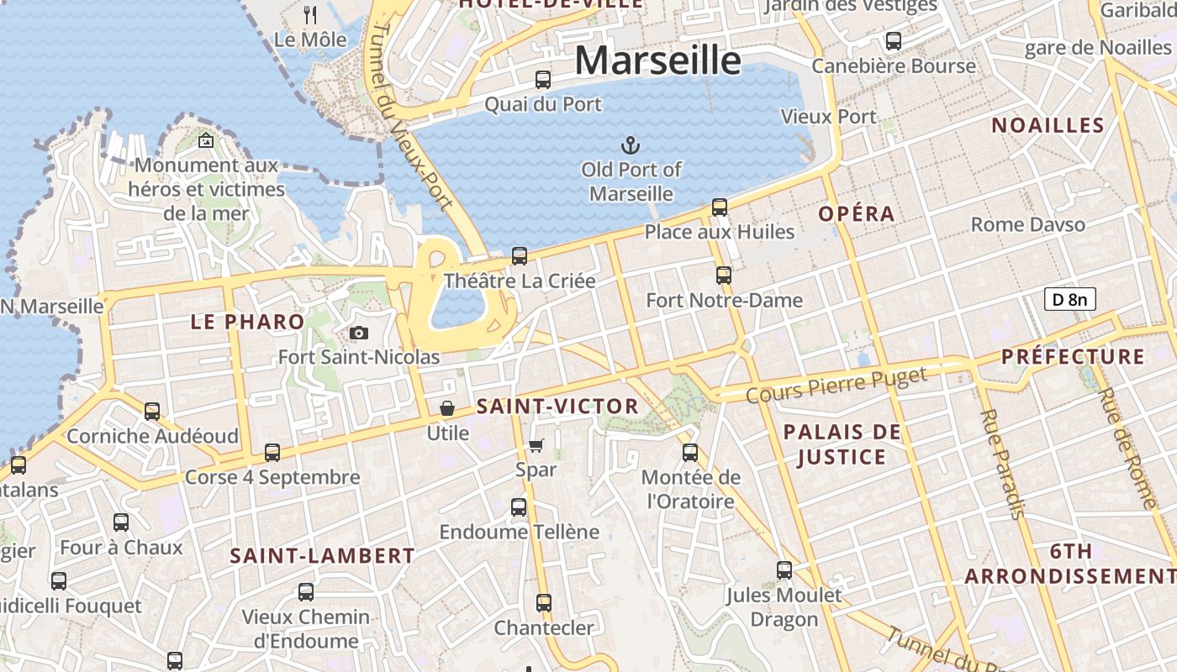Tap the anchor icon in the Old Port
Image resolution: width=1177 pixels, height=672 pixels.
(x=631, y=145)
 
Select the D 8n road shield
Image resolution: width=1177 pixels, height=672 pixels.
(x=1069, y=299)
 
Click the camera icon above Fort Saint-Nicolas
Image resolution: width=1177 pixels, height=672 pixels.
(x=359, y=333)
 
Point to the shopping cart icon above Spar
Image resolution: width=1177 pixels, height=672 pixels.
(x=536, y=445)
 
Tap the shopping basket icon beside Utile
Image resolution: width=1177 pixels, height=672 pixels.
(x=447, y=408)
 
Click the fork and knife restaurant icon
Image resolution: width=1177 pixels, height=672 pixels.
(x=310, y=14)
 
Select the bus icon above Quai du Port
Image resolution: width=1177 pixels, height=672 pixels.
(x=543, y=80)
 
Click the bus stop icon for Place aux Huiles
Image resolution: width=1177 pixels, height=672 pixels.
(x=719, y=207)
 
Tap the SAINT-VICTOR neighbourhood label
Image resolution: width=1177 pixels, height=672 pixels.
(x=557, y=407)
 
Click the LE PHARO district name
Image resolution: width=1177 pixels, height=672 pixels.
(x=247, y=322)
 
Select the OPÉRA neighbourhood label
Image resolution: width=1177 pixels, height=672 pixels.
(x=857, y=214)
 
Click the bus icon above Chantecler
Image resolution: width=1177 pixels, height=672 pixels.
(x=544, y=602)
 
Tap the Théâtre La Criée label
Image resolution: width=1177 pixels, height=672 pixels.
(x=519, y=281)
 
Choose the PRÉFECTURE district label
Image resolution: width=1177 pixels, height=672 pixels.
(x=1073, y=356)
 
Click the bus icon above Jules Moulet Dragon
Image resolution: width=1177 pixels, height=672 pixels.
(x=784, y=570)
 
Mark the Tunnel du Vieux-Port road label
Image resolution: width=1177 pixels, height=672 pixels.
(x=412, y=118)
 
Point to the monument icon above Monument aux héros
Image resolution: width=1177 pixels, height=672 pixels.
(x=206, y=141)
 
